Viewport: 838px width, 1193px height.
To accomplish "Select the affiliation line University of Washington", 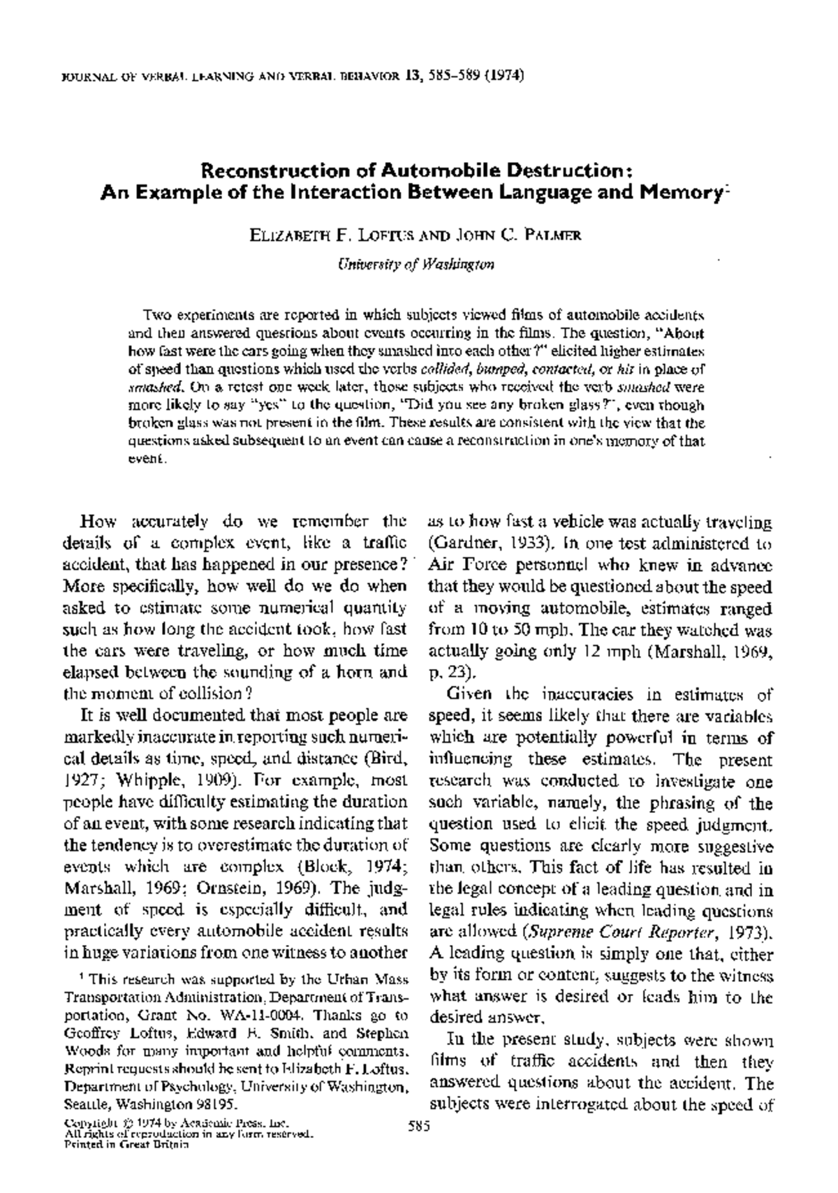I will coord(416,265).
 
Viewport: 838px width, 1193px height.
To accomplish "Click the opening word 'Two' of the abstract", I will coord(154,314).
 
